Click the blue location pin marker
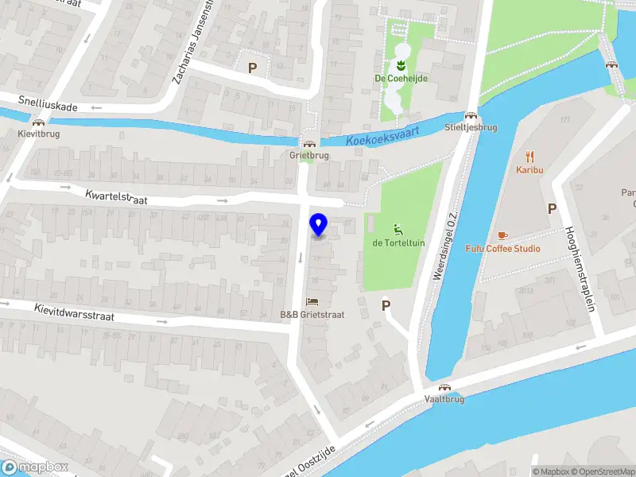319,225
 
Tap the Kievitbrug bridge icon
38,122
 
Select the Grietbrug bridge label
309,156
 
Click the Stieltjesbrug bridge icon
471,115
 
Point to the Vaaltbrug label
444,399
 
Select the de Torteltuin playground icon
397,230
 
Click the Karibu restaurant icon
529,157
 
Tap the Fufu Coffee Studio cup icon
502,235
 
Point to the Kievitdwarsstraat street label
74,312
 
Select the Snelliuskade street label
48,103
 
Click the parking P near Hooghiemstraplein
552,208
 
